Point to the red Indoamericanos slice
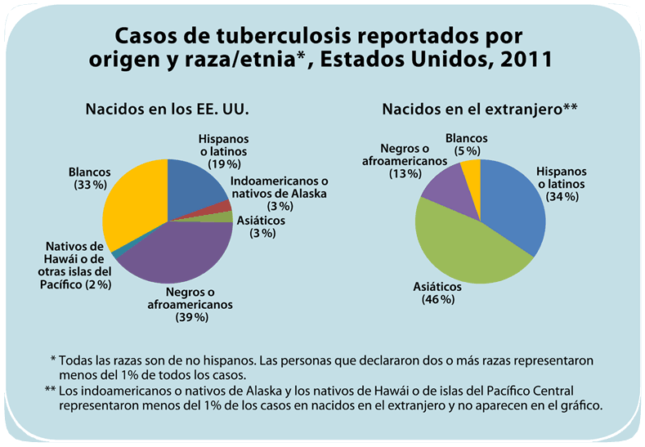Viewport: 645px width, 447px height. [219, 208]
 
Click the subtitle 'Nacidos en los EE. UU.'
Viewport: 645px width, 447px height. [168, 109]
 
